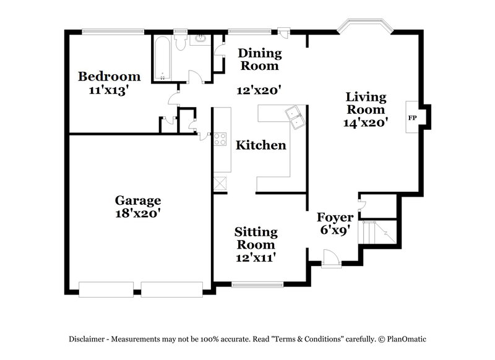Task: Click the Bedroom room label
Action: pos(109,77)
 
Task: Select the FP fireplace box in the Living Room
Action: pos(412,117)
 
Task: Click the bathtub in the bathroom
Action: pos(162,58)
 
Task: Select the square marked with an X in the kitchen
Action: pos(221,183)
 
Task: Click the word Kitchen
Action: pos(261,145)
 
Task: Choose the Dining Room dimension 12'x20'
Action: pos(259,90)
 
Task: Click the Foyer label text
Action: pos(335,217)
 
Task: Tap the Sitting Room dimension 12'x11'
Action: pos(255,257)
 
